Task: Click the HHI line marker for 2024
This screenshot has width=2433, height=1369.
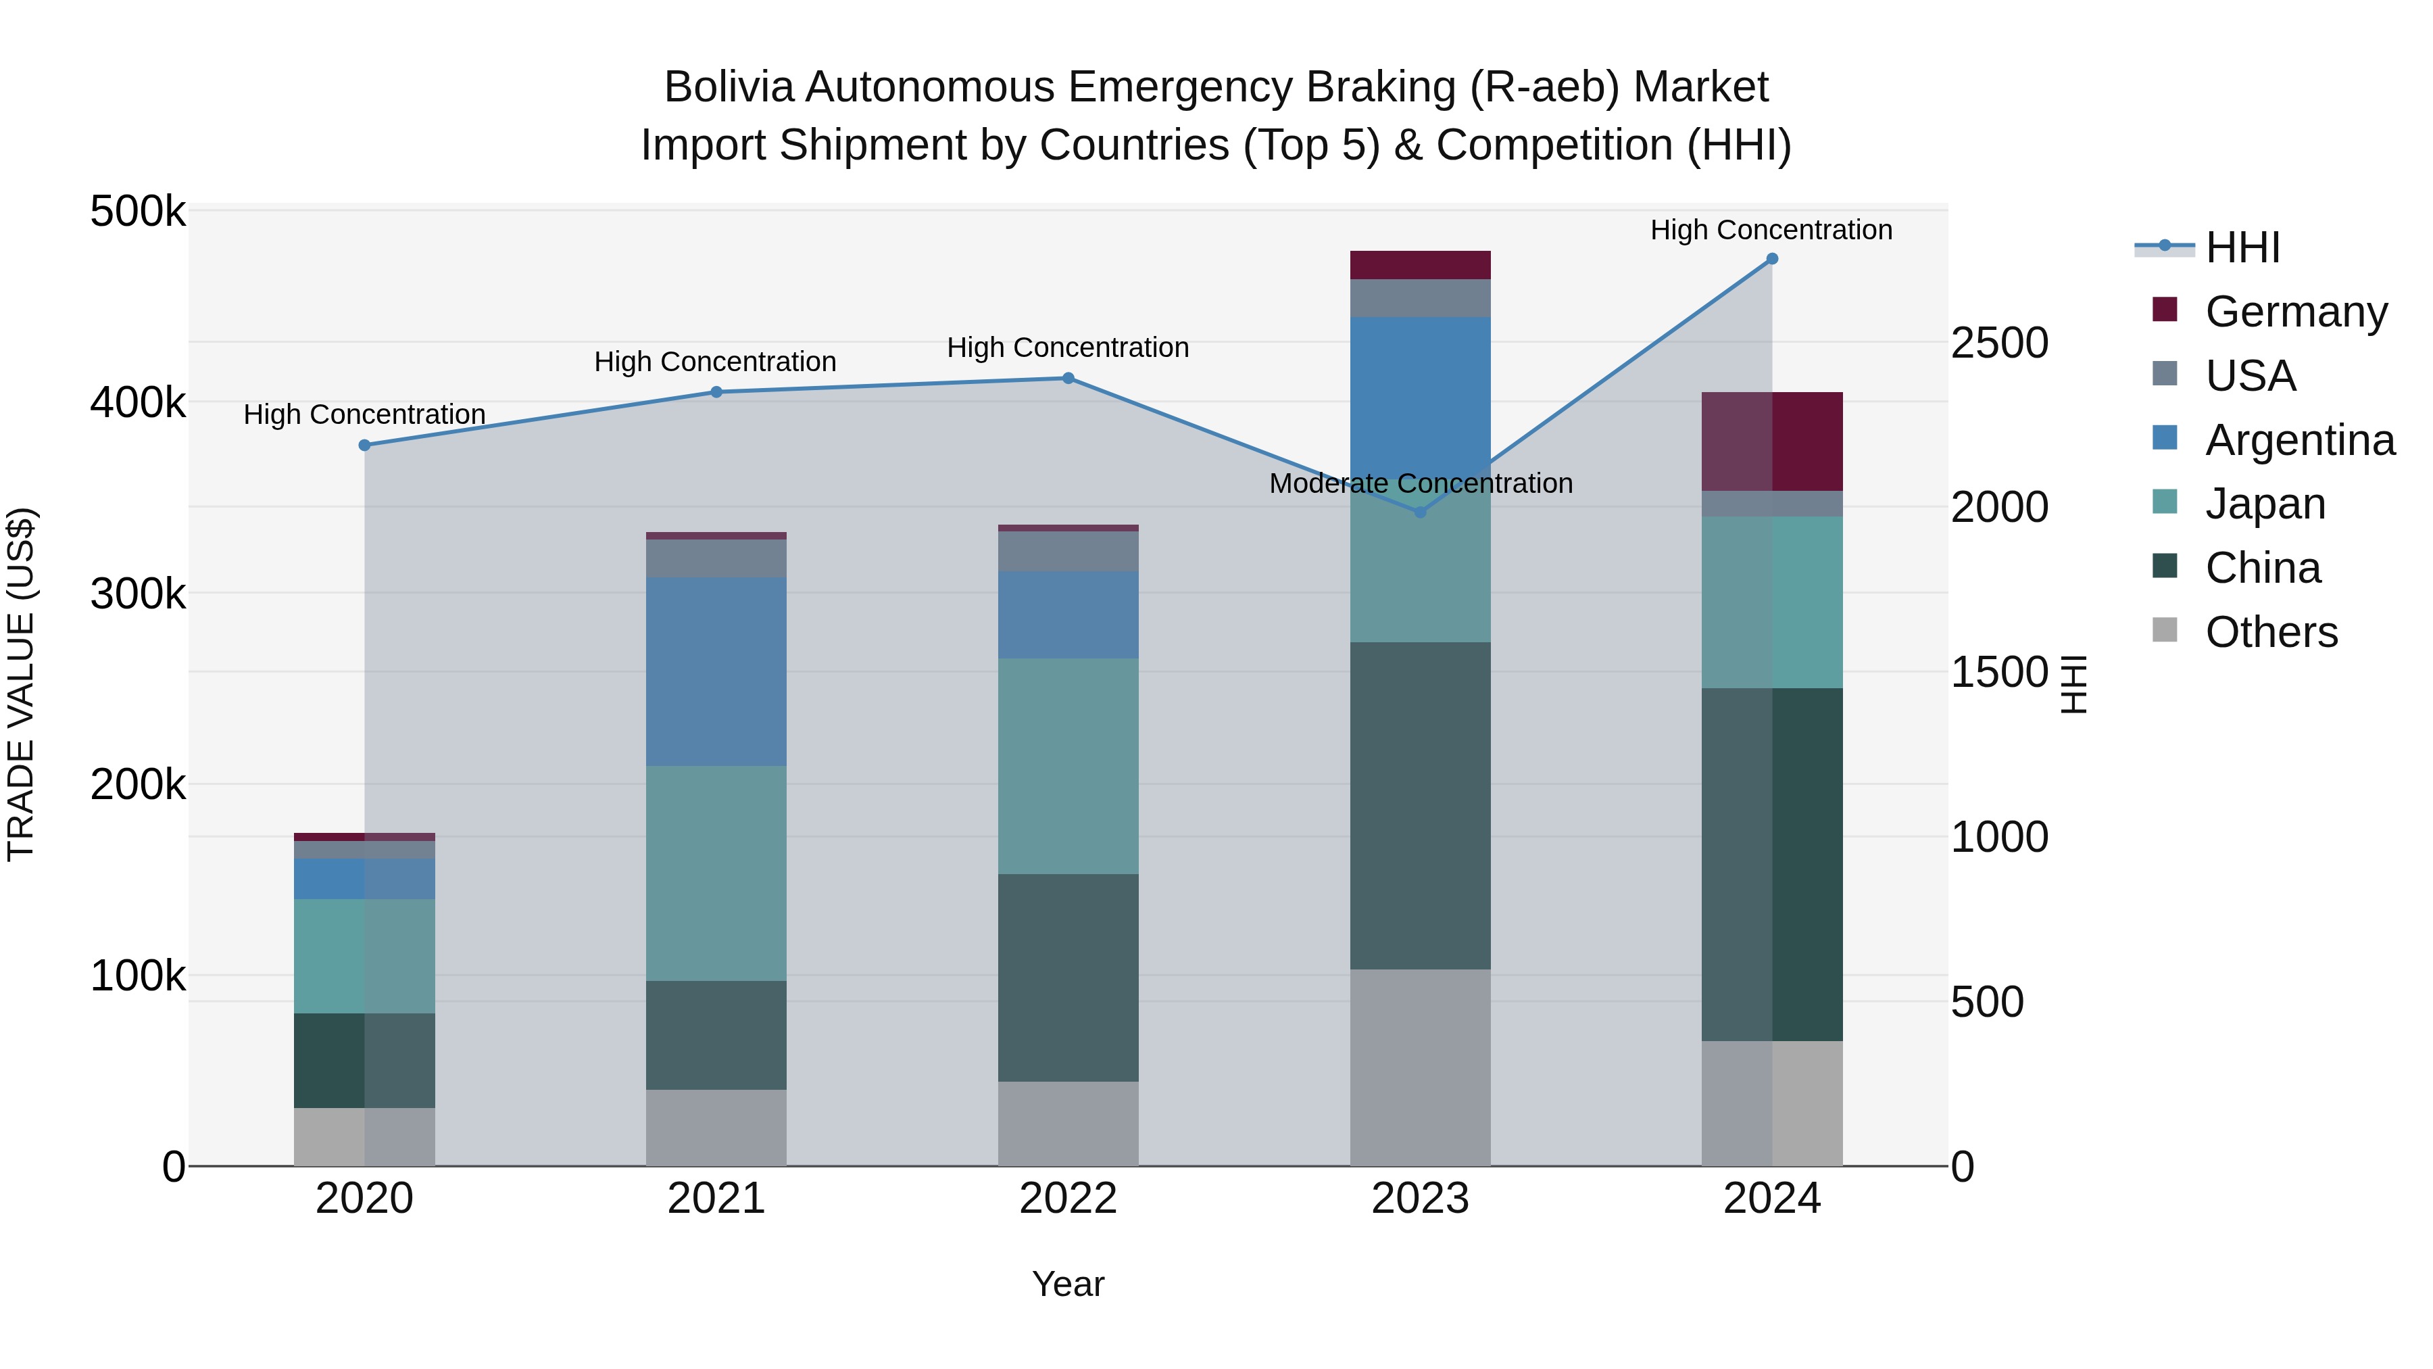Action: pos(1772,259)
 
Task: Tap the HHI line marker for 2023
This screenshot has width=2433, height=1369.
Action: pos(1419,512)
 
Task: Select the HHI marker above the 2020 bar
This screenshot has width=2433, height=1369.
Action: pos(364,445)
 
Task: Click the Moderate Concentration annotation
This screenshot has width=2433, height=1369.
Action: pos(1421,484)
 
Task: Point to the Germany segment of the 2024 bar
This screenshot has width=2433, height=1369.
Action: pos(1772,441)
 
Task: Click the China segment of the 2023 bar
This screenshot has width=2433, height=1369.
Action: pos(1419,805)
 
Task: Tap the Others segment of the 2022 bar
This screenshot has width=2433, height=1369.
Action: pos(1068,1124)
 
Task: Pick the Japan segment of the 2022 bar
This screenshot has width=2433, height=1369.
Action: pos(1068,765)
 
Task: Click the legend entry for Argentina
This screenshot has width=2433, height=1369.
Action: pos(2300,440)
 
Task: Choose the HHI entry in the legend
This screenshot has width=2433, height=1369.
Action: pos(2242,247)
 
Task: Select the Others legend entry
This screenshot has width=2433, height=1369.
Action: pos(2271,632)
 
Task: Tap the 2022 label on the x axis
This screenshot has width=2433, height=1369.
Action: pos(1068,1199)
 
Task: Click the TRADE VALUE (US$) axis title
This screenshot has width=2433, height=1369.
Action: pos(21,684)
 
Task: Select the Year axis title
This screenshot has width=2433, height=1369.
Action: pos(1068,1284)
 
